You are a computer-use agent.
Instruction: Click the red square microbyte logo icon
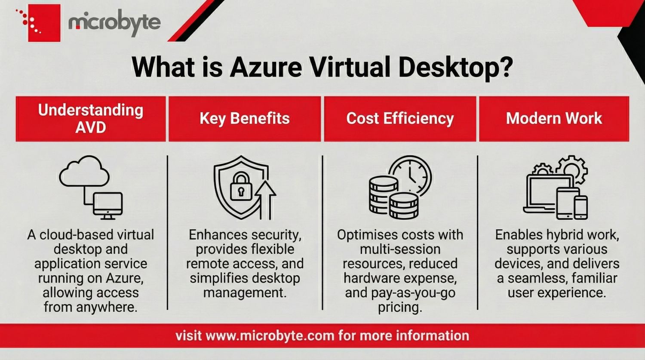point(44,23)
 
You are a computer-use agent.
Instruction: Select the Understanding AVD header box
point(91,119)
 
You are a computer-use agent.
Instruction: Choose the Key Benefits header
point(245,119)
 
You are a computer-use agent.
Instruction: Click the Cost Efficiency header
point(400,119)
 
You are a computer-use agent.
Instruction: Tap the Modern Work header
point(554,119)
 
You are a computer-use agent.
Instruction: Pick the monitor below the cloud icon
point(108,206)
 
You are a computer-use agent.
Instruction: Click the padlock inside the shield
point(241,186)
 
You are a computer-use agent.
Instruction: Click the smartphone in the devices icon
point(581,207)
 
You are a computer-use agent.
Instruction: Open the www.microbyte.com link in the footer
point(270,336)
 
